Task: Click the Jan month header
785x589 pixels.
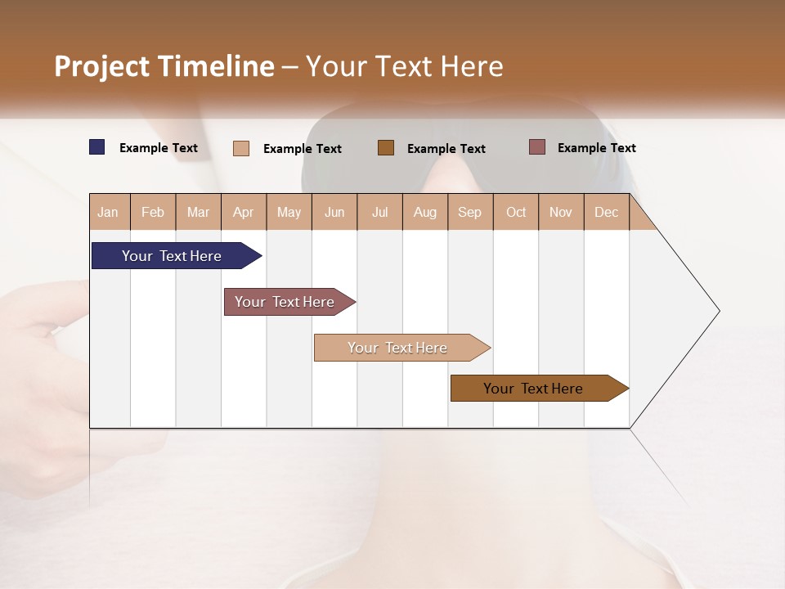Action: click(108, 212)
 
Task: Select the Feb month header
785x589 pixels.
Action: click(153, 212)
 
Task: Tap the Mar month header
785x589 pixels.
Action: click(198, 212)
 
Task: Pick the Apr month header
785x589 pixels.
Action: click(244, 212)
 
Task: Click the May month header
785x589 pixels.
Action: click(289, 212)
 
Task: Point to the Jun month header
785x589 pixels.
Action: click(334, 212)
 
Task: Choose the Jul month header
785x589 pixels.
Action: click(379, 212)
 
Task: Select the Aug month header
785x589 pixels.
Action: click(425, 212)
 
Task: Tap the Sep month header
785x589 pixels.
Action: click(470, 212)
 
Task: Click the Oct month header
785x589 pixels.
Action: click(516, 212)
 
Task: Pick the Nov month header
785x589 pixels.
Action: click(561, 212)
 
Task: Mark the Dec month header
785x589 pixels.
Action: click(606, 212)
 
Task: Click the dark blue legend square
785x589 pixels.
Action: click(97, 147)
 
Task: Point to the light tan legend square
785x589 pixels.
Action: click(241, 148)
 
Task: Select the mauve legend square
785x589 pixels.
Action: click(537, 147)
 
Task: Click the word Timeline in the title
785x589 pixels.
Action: click(215, 66)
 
